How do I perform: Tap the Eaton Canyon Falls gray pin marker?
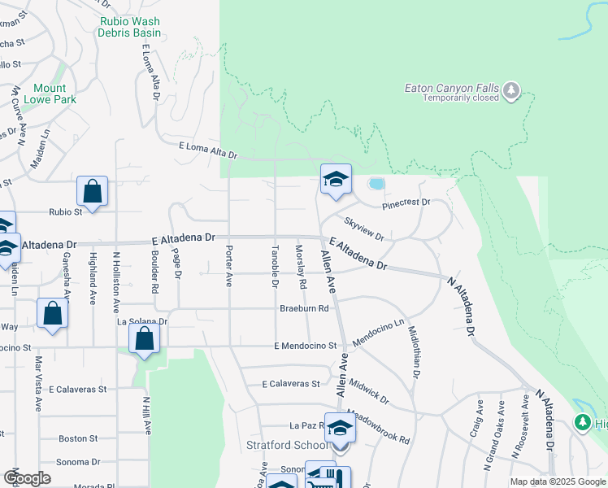tap(511, 90)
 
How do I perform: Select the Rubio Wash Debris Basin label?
tap(130, 27)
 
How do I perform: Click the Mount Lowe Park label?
tap(55, 94)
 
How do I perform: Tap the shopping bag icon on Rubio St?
tap(93, 193)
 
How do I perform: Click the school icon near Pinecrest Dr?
tap(336, 179)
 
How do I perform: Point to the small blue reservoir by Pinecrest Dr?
tap(376, 184)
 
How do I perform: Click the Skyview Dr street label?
tap(363, 229)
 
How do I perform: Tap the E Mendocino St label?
tap(305, 346)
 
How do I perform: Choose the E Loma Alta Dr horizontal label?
tap(207, 150)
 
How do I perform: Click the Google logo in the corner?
tap(27, 478)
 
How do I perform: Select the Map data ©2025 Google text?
tap(558, 481)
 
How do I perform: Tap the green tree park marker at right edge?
tap(583, 422)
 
